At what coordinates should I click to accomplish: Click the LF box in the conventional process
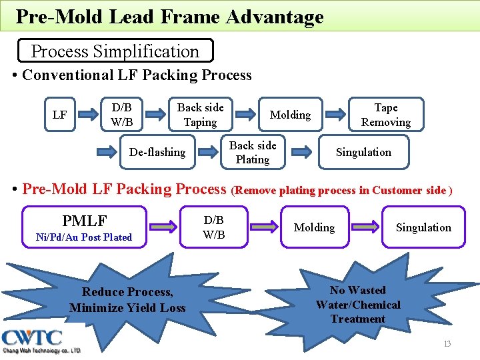click(59, 115)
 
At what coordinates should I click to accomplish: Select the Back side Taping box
click(200, 115)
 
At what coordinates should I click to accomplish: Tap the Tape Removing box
click(385, 115)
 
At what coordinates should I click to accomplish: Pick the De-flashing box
click(157, 152)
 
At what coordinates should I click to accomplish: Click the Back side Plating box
click(253, 152)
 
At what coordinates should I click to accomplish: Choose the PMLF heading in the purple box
click(84, 220)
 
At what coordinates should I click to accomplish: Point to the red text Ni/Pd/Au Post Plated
click(84, 237)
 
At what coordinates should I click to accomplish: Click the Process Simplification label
click(115, 51)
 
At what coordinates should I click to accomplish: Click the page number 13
click(447, 343)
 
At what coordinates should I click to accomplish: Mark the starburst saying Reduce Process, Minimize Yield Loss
click(127, 300)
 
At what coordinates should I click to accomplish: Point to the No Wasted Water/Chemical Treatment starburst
click(358, 305)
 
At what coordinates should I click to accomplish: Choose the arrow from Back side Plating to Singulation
click(301, 152)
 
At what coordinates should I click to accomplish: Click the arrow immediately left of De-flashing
click(107, 152)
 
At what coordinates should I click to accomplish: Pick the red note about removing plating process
click(342, 191)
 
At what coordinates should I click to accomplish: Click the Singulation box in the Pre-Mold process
click(423, 227)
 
